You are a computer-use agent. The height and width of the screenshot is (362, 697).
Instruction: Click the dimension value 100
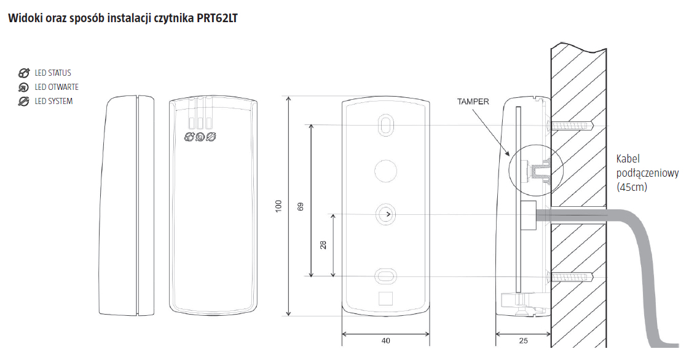click(278, 206)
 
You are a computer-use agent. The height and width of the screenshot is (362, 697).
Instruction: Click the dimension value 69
click(301, 207)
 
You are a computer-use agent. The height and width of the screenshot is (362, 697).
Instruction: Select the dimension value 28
click(323, 245)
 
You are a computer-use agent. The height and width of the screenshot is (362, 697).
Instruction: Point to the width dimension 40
click(386, 340)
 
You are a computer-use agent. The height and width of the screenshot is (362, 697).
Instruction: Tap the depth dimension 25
click(524, 340)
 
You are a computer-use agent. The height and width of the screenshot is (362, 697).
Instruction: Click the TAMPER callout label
click(473, 102)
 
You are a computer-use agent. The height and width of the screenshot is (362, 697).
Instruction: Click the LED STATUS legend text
click(53, 73)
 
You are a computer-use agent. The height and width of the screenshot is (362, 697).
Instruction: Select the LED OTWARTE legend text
click(57, 87)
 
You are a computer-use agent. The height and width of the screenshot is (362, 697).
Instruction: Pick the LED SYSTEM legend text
click(53, 102)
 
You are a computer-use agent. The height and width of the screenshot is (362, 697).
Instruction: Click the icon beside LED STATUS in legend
click(23, 73)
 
